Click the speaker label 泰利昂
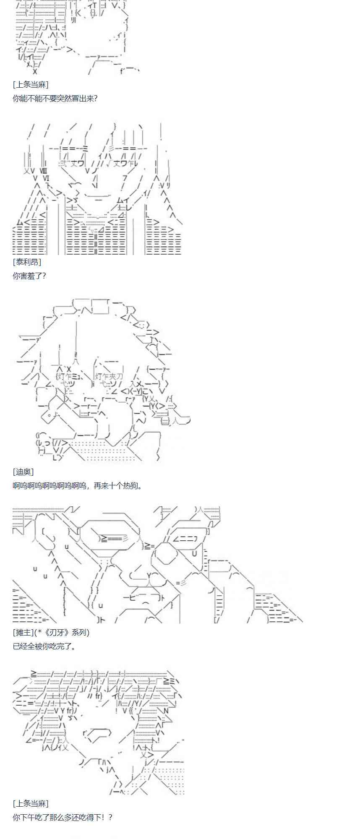coord(27,262)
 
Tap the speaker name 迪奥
coord(23,472)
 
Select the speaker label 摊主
coord(23,632)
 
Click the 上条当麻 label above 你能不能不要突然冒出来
coord(31,85)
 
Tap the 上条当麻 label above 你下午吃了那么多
coord(31,803)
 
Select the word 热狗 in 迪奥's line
coord(130,486)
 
